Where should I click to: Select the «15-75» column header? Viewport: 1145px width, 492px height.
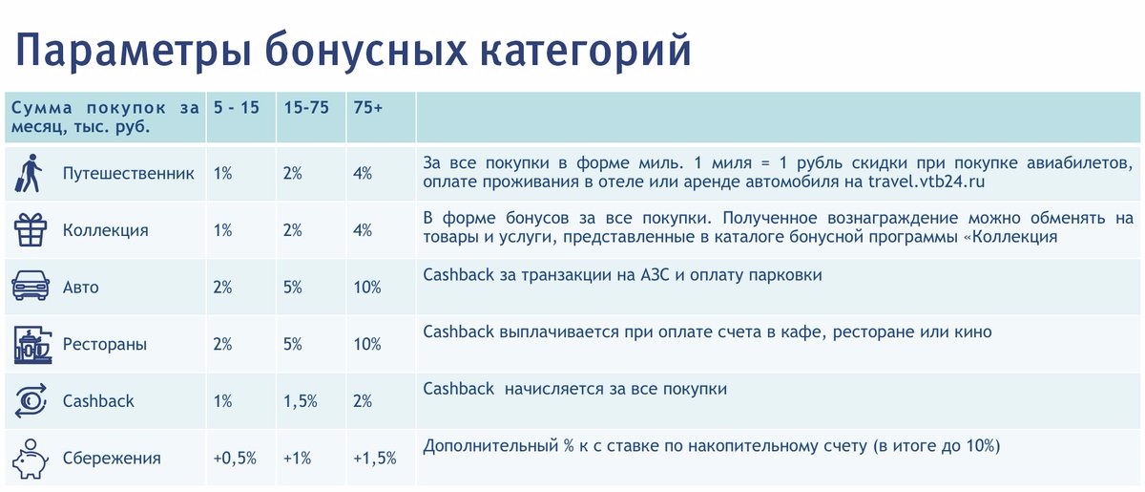[x=306, y=108]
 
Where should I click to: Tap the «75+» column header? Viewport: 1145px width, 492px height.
[x=368, y=108]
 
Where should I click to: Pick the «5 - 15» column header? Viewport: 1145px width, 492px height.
[x=237, y=108]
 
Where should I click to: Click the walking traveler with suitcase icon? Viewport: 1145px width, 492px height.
[x=30, y=173]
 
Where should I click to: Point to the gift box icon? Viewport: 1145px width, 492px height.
[x=31, y=230]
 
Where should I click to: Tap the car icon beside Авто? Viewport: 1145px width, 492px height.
[x=31, y=286]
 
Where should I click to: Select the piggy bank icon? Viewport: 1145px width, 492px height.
[x=31, y=459]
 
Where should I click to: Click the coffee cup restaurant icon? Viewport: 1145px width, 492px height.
[x=32, y=345]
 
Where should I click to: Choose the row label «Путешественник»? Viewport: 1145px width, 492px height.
[x=128, y=174]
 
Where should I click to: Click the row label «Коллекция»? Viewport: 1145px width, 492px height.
[x=105, y=230]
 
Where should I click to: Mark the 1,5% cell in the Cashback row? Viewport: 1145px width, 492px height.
[x=301, y=401]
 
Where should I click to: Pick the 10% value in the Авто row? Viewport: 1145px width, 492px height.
[x=367, y=288]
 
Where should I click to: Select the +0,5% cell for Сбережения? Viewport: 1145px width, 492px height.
[x=235, y=458]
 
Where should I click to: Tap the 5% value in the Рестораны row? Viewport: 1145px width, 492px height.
[x=293, y=344]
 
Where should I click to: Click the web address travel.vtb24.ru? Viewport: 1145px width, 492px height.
[x=926, y=182]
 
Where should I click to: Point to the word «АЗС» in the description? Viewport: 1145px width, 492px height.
[x=655, y=275]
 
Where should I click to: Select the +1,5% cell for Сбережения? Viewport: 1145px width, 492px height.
[x=375, y=458]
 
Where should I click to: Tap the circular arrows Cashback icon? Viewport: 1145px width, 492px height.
[x=31, y=401]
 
